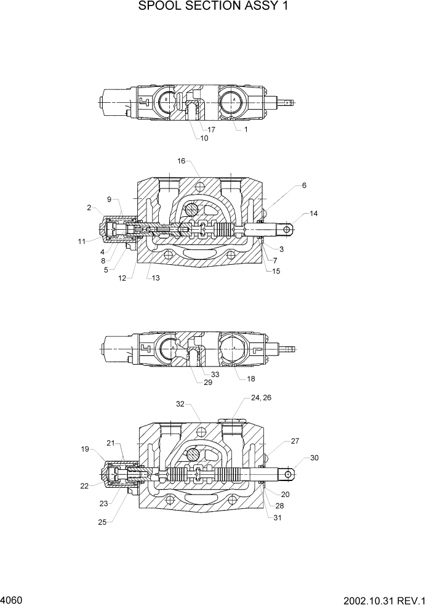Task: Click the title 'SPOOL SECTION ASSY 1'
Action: pyautogui.click(x=214, y=7)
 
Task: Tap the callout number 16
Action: pyautogui.click(x=182, y=161)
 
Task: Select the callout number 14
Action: pyautogui.click(x=314, y=214)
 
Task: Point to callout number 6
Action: pyautogui.click(x=304, y=185)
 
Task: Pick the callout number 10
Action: pyautogui.click(x=204, y=139)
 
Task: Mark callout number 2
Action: pyautogui.click(x=90, y=208)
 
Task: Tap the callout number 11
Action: pyautogui.click(x=81, y=241)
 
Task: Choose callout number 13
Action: pyautogui.click(x=156, y=278)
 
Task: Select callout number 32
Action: pyautogui.click(x=180, y=404)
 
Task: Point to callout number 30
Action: pyautogui.click(x=314, y=458)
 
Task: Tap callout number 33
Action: pyautogui.click(x=215, y=374)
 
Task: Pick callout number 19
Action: pyautogui.click(x=85, y=449)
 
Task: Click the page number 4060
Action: pyautogui.click(x=12, y=600)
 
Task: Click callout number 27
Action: pyautogui.click(x=294, y=441)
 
